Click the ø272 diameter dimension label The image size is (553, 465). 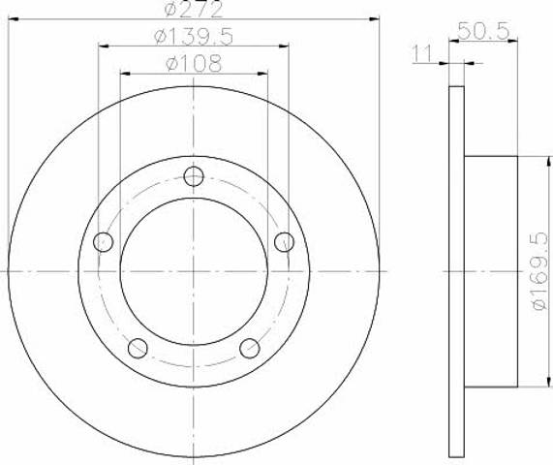pos(194,9)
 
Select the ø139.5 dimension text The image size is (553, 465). pos(194,37)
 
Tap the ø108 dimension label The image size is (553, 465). pos(194,64)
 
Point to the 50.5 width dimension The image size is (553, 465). pos(484,31)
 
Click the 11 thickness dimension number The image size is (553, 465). pos(422,54)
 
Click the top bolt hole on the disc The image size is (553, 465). pos(194,176)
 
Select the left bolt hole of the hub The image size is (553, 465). pos(103,242)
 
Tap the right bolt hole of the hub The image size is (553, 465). pos(285,242)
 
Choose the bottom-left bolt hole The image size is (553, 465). pos(138,348)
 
